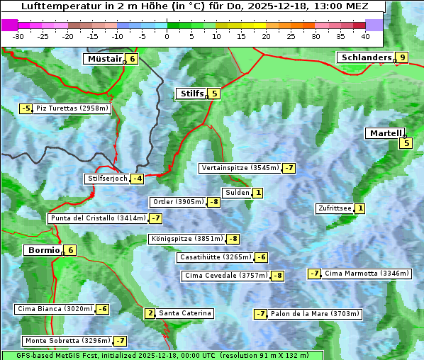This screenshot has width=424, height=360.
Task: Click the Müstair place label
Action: (x=104, y=59)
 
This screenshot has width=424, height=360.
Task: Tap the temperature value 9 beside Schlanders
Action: (x=402, y=58)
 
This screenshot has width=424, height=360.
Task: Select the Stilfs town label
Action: (x=191, y=94)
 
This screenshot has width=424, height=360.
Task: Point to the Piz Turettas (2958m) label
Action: (x=72, y=108)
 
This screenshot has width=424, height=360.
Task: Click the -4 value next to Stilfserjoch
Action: (x=138, y=179)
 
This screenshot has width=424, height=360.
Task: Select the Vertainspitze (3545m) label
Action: (x=240, y=168)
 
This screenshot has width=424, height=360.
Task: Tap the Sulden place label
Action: (x=236, y=193)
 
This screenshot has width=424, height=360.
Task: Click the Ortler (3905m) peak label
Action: (x=178, y=202)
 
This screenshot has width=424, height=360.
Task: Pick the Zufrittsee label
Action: (x=334, y=208)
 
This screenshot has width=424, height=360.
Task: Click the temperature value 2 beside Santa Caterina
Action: (x=150, y=313)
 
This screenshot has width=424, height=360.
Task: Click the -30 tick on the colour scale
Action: (x=18, y=36)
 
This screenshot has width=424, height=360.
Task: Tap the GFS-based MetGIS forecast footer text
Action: (x=162, y=355)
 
